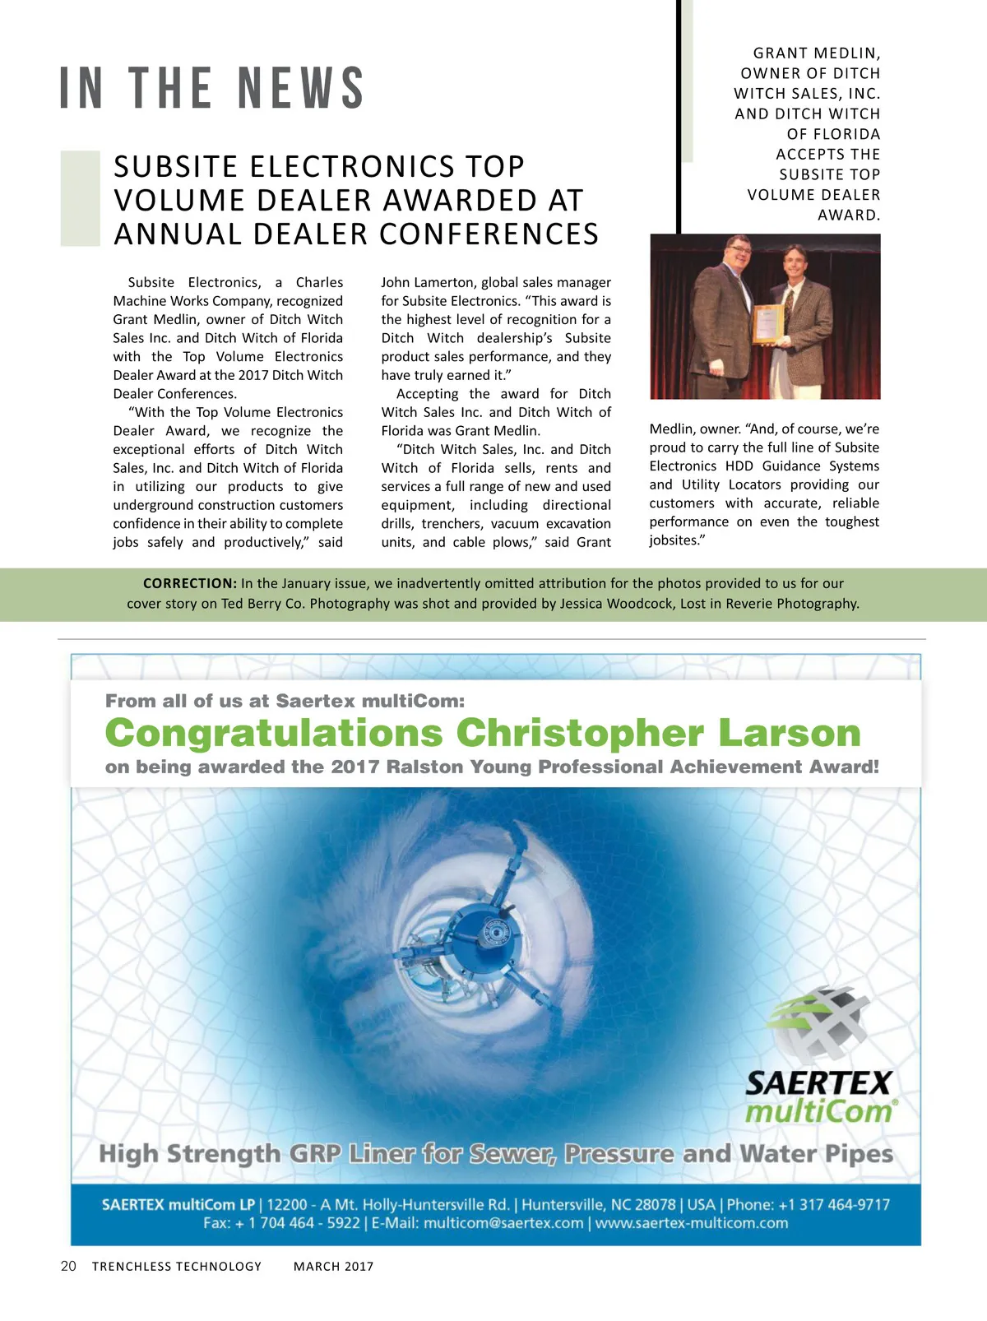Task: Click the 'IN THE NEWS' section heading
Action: point(212,88)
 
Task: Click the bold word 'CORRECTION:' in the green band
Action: point(190,583)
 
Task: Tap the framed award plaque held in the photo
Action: point(768,323)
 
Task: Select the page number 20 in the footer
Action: point(68,1266)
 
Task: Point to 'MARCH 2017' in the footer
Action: point(333,1267)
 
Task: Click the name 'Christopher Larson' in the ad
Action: point(658,732)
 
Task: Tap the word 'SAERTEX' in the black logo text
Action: point(818,1083)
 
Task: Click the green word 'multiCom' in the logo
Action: point(819,1112)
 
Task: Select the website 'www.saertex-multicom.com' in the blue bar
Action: point(691,1223)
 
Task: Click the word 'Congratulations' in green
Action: point(274,732)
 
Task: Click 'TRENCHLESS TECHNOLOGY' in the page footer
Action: point(177,1267)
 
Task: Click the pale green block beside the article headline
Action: point(81,199)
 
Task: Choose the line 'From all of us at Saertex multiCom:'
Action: point(285,701)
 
